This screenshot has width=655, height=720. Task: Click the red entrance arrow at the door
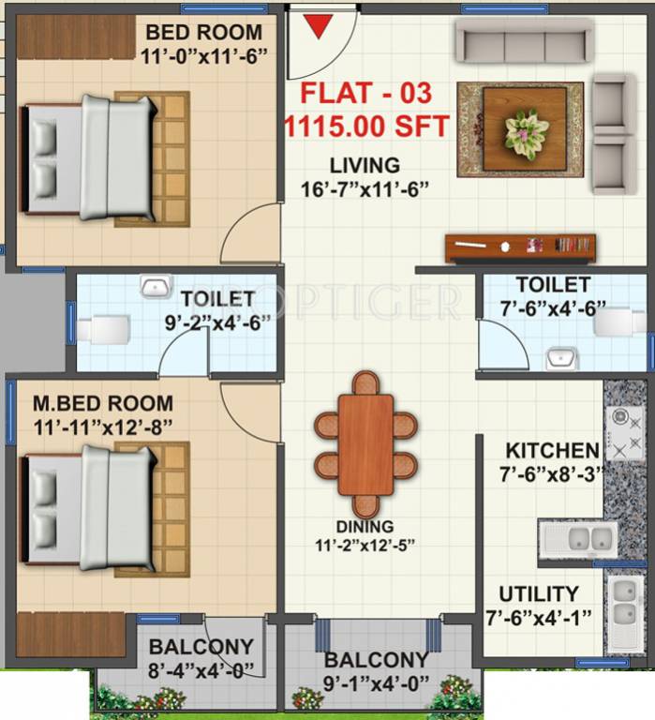[320, 27]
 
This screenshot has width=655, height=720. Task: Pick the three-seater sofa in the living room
[523, 41]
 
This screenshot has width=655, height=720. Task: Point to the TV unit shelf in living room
[519, 247]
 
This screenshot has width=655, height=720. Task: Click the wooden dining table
[365, 444]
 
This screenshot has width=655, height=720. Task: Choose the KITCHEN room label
[552, 451]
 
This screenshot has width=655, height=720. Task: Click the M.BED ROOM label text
[103, 405]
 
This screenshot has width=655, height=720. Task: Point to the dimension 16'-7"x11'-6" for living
[365, 188]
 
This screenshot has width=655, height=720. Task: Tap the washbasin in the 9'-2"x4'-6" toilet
[155, 286]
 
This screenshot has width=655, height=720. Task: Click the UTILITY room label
[538, 594]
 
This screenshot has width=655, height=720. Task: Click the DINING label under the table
[365, 527]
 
